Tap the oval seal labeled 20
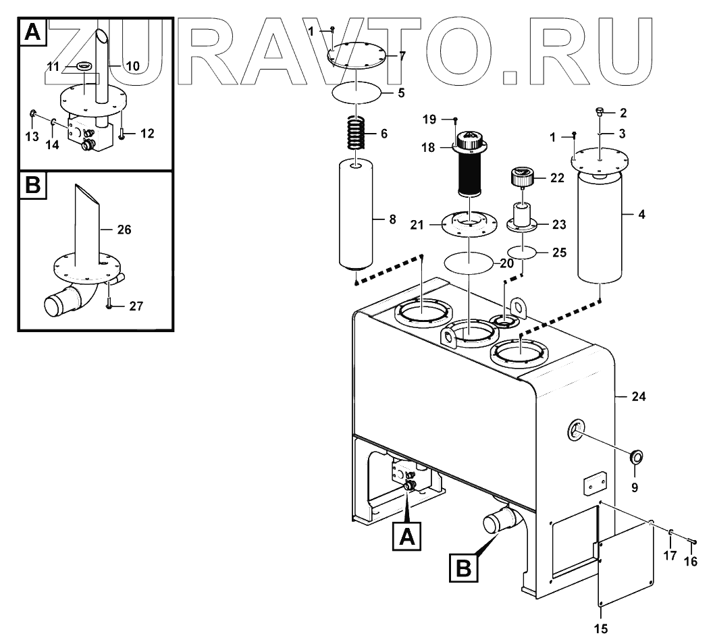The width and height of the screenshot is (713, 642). pos(468,263)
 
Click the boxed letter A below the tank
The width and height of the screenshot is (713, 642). pos(406,537)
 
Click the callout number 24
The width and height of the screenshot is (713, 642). pos(638,397)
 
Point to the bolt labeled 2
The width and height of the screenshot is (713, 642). pos(600,112)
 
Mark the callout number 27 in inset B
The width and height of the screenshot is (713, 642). pos(136,306)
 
